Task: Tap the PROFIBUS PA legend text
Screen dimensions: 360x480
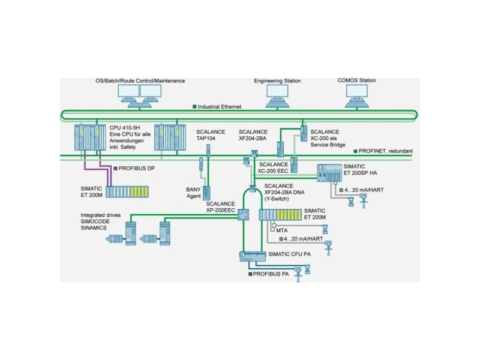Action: click(x=270, y=274)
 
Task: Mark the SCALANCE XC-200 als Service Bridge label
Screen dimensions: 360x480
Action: click(x=328, y=139)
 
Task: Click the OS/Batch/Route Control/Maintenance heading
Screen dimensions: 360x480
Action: click(x=140, y=80)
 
